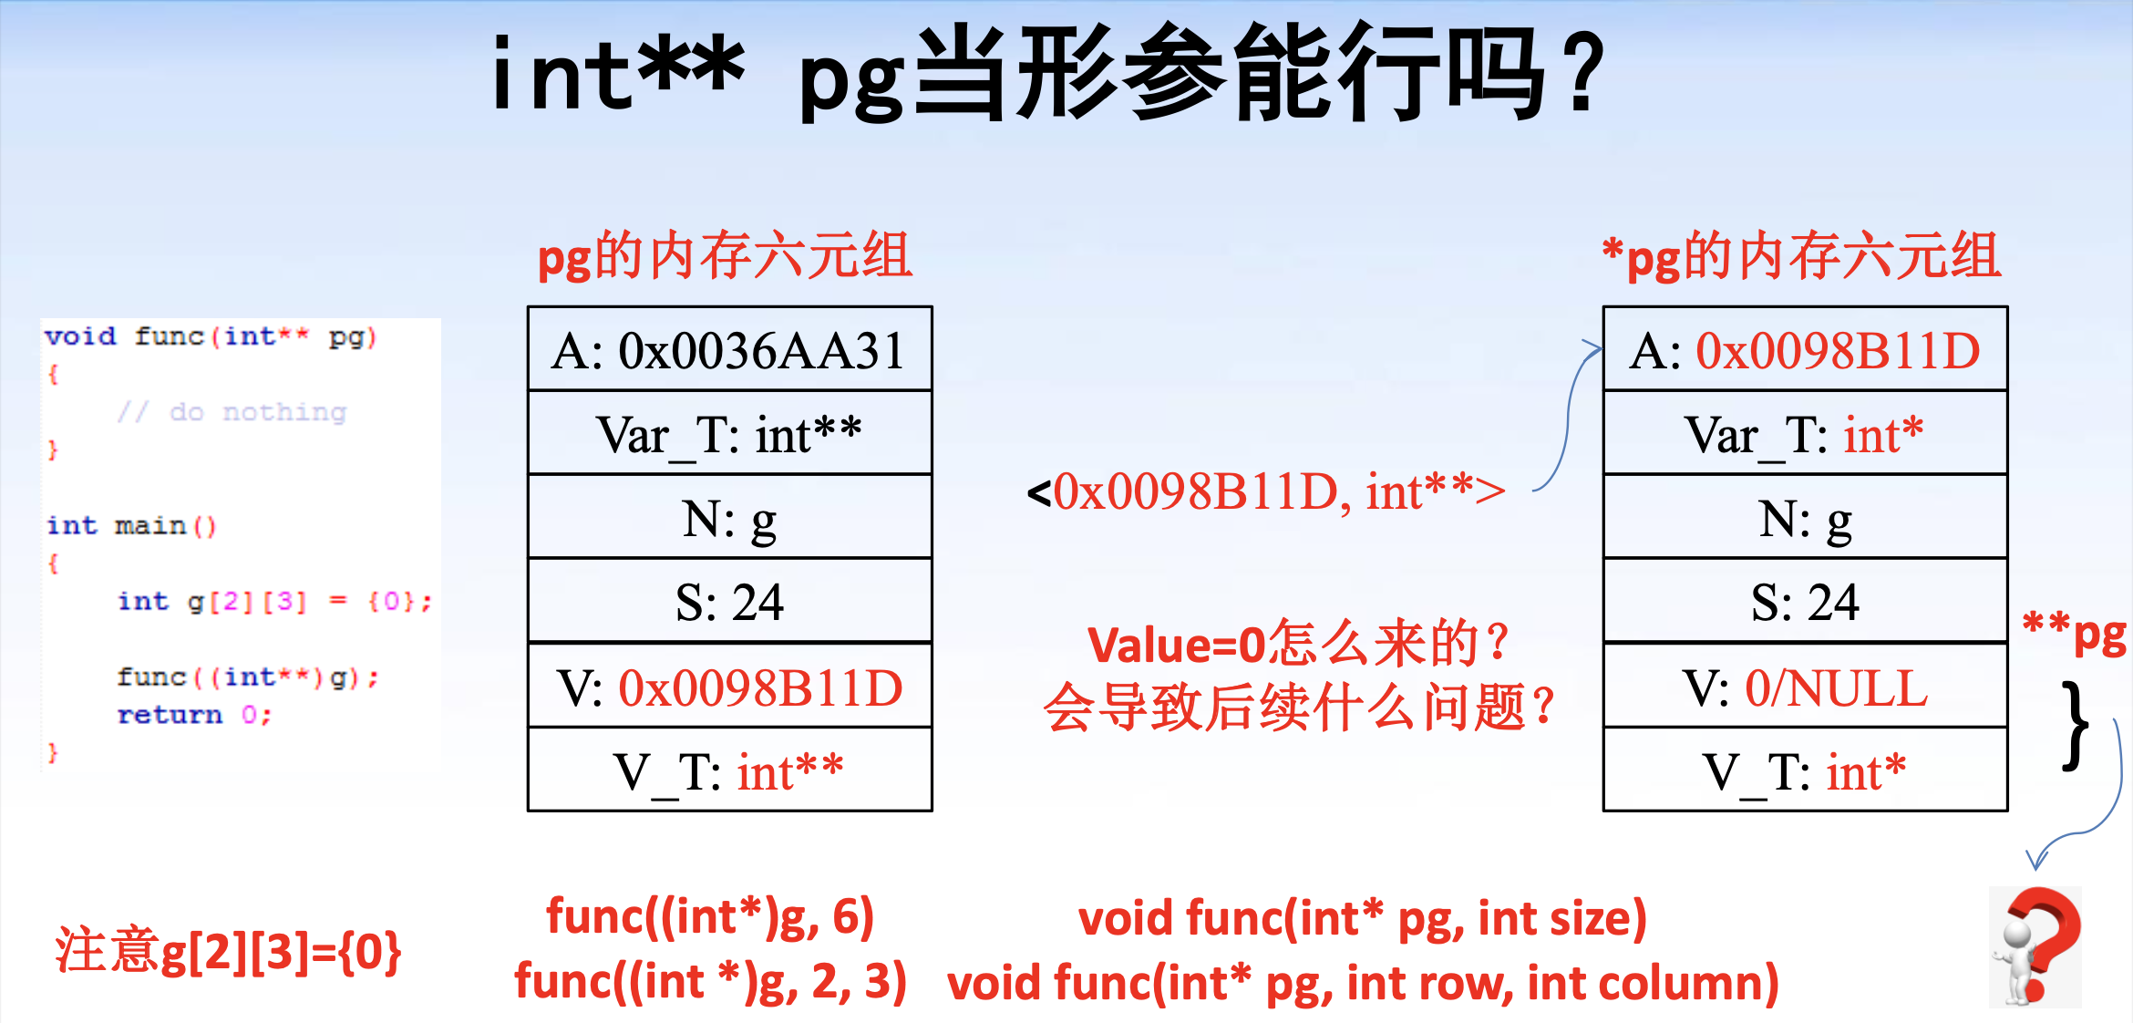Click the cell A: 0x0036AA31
pos(729,349)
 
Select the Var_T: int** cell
pos(729,433)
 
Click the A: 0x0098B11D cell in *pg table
pos(1805,349)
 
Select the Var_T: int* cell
pos(1805,433)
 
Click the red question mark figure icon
pos(2035,946)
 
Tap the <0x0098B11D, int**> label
pos(1265,492)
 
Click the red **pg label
pos(2074,633)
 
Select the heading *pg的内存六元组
pos(1802,256)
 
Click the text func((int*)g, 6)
pos(710,916)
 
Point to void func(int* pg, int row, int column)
pos(1363,983)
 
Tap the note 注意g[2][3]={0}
pos(228,951)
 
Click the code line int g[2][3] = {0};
pos(274,602)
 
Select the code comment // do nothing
pos(232,412)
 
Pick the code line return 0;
pos(194,715)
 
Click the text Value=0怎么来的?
pos(1298,644)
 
